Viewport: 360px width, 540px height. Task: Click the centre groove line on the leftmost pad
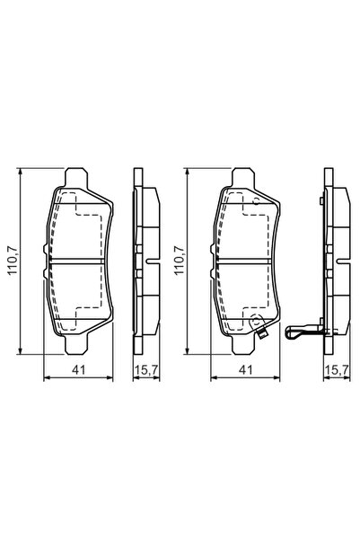coord(79,261)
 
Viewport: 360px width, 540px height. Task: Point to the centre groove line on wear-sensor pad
coord(244,261)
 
